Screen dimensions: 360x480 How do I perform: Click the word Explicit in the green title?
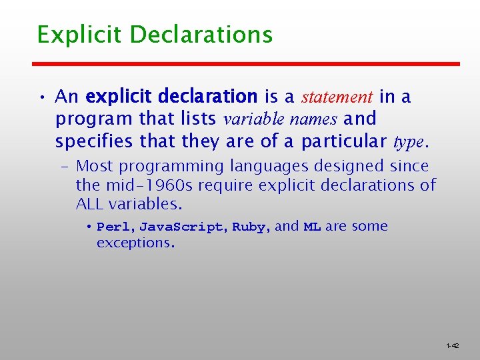coord(70,34)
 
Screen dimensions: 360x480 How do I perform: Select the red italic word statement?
coord(337,97)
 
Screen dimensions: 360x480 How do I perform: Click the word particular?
coord(345,142)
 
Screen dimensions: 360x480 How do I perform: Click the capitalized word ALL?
coord(91,203)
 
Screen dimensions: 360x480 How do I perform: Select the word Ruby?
coord(249,227)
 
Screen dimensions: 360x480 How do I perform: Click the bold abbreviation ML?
coord(312,227)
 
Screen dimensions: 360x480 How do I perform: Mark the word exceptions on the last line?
coord(135,243)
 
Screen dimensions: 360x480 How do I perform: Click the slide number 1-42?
coord(452,346)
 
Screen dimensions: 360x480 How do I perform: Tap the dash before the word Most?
coord(67,166)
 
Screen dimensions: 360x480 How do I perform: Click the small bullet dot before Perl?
coord(89,226)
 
